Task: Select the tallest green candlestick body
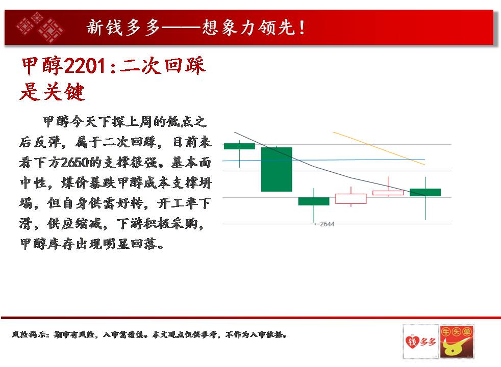pos(277,169)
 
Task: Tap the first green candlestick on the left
pos(239,146)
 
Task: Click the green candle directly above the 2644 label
pos(314,201)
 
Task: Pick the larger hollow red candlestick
pos(351,198)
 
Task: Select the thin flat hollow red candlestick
pos(388,193)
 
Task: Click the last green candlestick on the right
pos(425,192)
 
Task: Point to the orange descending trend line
pos(379,148)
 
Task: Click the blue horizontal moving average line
pos(323,160)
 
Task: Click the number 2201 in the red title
pos(85,66)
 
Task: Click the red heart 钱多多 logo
pos(420,342)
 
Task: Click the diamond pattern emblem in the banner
pos(40,27)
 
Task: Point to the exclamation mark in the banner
pos(302,28)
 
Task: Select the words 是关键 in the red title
pos(52,92)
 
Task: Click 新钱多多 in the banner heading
pos(123,28)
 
